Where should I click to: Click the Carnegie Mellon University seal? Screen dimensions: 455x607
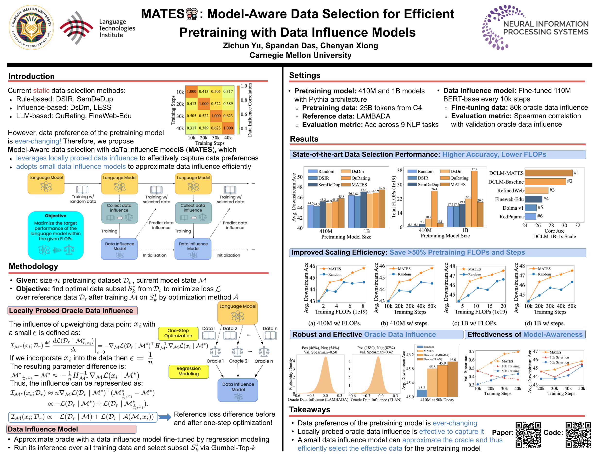pyautogui.click(x=31, y=27)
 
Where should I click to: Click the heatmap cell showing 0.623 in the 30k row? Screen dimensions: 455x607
pyautogui.click(x=228, y=116)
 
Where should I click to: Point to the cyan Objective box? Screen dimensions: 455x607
pyautogui.click(x=56, y=235)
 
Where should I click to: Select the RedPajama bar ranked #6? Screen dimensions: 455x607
pyautogui.click(x=531, y=216)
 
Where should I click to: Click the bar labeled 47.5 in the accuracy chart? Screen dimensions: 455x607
pyautogui.click(x=382, y=208)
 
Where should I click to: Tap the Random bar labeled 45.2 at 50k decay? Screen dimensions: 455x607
pyautogui.click(x=422, y=393)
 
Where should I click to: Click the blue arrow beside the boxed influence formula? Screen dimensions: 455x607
pyautogui.click(x=165, y=417)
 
